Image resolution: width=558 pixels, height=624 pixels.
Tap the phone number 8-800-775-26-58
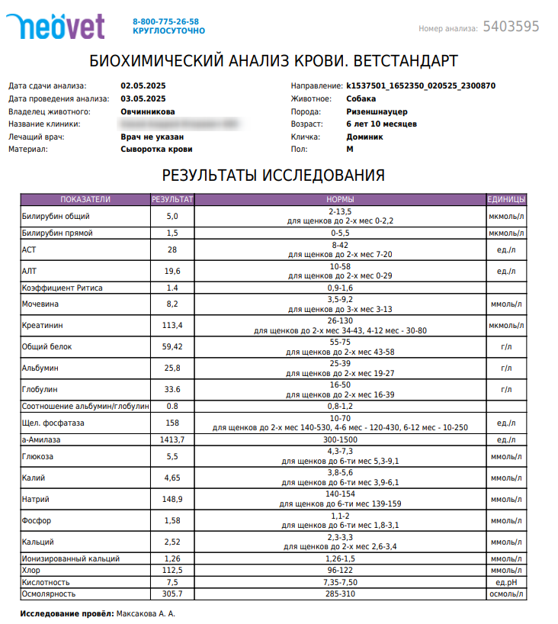(x=165, y=21)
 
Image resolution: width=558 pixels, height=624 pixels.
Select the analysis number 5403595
(x=511, y=27)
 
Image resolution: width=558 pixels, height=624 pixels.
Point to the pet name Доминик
(x=364, y=137)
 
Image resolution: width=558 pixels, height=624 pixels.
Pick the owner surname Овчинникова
(x=147, y=111)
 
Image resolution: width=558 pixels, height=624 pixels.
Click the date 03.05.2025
(x=143, y=98)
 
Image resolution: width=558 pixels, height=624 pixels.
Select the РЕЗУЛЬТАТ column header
(x=172, y=200)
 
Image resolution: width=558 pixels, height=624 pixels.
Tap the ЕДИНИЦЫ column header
(x=505, y=200)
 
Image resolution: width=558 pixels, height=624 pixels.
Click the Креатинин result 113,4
(x=172, y=326)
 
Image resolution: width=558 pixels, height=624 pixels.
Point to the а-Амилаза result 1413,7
(x=172, y=440)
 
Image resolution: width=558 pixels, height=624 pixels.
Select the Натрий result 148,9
(x=172, y=499)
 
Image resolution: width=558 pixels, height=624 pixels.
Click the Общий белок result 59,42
(x=172, y=347)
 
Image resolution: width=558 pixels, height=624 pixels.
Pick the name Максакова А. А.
(x=146, y=613)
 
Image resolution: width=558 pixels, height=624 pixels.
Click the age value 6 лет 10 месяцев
(x=381, y=124)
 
